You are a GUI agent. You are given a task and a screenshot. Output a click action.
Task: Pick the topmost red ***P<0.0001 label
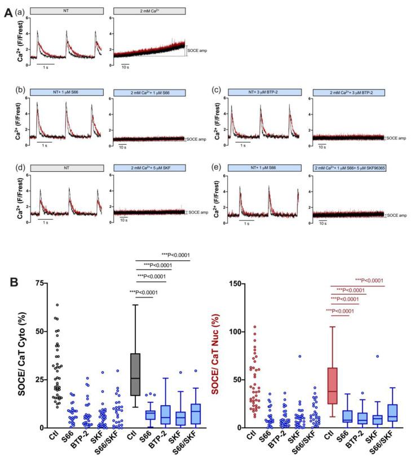point(370,279)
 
